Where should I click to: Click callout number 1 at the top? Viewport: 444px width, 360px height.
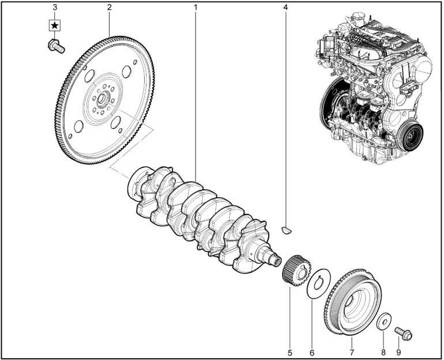[195, 7]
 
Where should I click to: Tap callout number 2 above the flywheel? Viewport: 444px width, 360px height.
[110, 7]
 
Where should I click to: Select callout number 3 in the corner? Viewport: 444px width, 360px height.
[55, 7]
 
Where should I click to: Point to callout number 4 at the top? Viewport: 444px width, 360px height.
[285, 7]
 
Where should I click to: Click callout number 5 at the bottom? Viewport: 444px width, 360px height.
[289, 352]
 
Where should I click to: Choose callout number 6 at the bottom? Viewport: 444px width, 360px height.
[312, 352]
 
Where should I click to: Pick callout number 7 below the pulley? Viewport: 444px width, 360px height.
[352, 352]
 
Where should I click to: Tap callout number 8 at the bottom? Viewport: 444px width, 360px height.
[383, 352]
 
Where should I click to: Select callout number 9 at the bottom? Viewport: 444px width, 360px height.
[398, 352]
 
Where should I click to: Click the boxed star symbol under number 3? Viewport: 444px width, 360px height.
[54, 26]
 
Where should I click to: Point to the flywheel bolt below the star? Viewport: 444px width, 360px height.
[56, 46]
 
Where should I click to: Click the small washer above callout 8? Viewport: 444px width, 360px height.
[383, 321]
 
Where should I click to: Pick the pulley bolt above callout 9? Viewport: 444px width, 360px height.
[404, 333]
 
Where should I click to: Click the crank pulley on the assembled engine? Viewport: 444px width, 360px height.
[410, 137]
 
